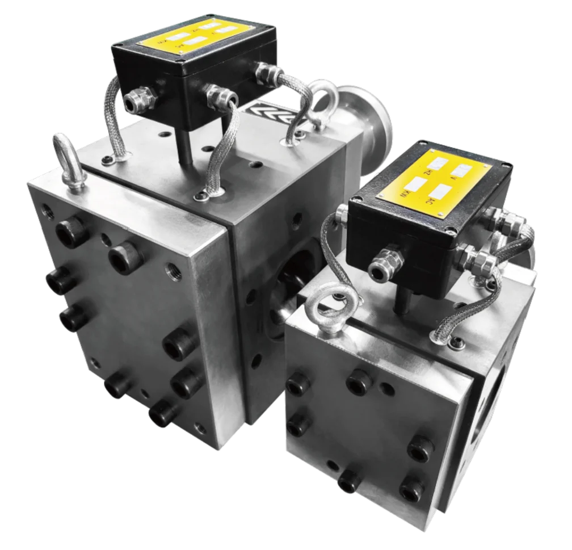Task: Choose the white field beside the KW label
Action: [416, 183]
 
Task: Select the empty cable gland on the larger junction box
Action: [136, 101]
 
